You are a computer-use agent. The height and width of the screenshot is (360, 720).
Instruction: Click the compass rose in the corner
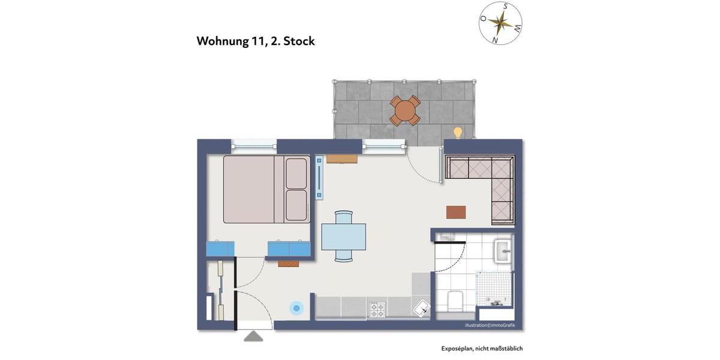pos(500,23)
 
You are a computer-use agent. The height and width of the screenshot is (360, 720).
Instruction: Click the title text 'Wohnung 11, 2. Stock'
pos(256,41)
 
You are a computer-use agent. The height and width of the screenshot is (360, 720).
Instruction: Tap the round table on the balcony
pos(405,110)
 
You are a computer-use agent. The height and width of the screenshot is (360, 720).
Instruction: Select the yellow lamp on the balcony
pos(458,132)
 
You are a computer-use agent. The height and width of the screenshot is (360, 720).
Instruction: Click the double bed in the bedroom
pos(266,189)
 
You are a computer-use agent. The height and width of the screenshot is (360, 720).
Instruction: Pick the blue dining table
pos(343,236)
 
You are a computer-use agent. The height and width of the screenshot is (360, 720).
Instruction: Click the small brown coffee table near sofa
pos(456,212)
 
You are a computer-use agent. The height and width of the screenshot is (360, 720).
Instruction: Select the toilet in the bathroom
pos(455,300)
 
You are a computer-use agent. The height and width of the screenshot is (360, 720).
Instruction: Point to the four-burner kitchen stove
pos(377,309)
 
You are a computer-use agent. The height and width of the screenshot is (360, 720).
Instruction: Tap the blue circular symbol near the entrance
pos(296,308)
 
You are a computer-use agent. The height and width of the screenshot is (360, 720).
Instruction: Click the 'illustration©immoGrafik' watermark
pos(490,325)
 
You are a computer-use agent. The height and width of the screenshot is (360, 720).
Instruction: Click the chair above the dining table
pos(344,217)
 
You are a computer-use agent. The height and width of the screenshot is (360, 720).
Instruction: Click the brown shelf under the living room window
pos(342,159)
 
